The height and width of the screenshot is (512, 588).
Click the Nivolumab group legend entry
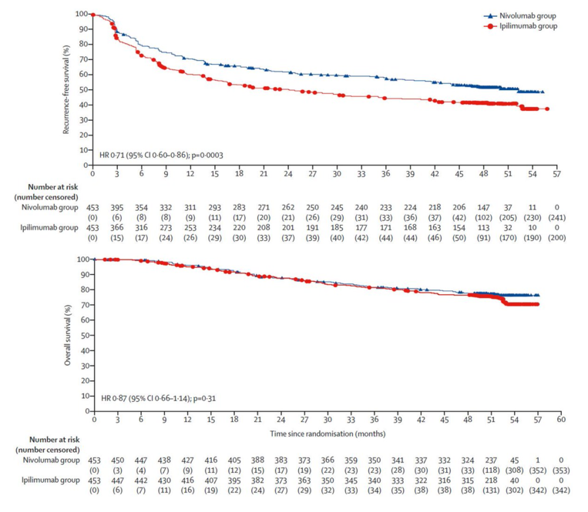(527, 15)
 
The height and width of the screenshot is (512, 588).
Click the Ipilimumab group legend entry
(527, 26)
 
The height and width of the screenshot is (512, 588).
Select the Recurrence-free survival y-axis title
(69, 89)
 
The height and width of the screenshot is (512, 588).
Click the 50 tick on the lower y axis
(82, 335)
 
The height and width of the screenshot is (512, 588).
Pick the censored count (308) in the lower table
(515, 471)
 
